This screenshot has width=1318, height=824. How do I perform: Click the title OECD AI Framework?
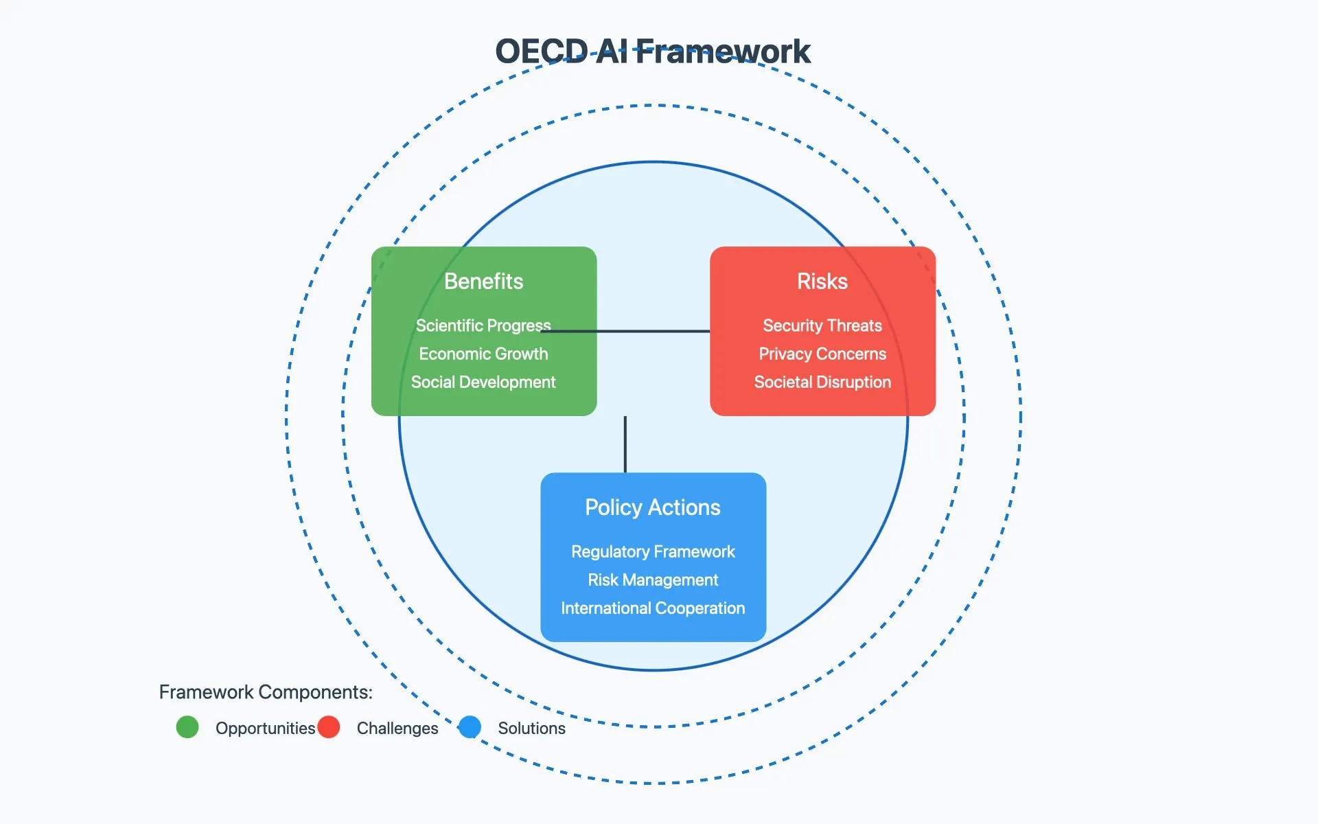(x=652, y=51)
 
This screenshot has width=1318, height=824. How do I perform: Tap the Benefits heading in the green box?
(x=483, y=282)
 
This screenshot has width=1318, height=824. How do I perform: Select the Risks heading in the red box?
(x=822, y=282)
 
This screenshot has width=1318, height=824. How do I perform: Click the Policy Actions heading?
(x=652, y=507)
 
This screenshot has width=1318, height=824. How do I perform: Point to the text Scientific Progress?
(x=483, y=325)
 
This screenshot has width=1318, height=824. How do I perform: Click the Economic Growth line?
(x=483, y=354)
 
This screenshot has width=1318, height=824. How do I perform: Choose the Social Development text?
(x=483, y=382)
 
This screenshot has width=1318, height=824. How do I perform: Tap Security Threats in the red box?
(x=822, y=325)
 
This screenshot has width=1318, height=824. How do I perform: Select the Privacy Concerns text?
(x=822, y=354)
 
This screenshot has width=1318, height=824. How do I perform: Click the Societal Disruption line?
(x=822, y=382)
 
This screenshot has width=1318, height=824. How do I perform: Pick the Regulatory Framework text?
(x=652, y=551)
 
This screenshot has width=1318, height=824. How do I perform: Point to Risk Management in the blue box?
(x=652, y=580)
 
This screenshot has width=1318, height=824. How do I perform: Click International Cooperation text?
(x=652, y=608)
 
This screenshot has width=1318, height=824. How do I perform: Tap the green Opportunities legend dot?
(x=187, y=726)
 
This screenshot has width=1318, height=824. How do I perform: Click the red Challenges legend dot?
(x=329, y=726)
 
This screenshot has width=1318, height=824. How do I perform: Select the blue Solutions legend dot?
(x=470, y=726)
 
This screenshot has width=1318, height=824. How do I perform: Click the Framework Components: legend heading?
(x=266, y=691)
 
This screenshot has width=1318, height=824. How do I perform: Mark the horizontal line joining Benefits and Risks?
(x=652, y=331)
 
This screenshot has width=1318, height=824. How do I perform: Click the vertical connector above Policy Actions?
(x=625, y=444)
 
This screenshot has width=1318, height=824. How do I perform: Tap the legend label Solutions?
(x=531, y=728)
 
